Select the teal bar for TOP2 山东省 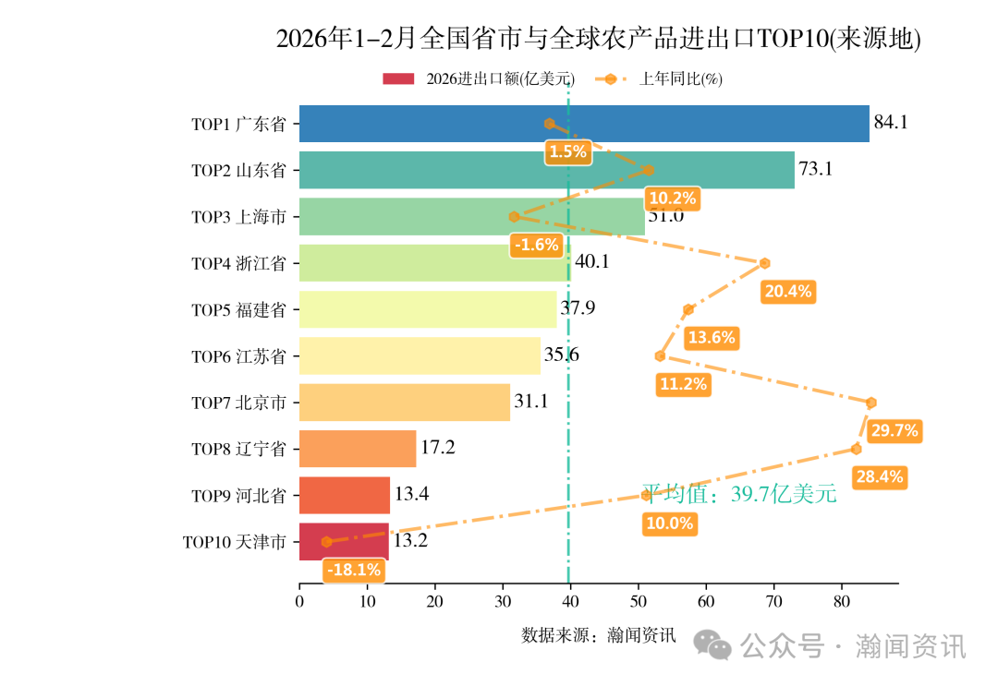(546, 170)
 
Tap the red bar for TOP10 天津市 (344, 542)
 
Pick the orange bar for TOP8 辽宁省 (358, 449)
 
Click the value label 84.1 (891, 123)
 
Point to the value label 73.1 (816, 169)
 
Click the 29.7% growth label (894, 430)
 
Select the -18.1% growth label (354, 570)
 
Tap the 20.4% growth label (788, 292)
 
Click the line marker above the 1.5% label (549, 124)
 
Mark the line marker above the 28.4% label (856, 449)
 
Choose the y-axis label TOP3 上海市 (238, 217)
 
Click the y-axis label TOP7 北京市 (238, 403)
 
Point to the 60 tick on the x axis (706, 602)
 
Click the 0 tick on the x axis (299, 602)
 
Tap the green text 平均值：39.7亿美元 (739, 494)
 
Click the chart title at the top (599, 39)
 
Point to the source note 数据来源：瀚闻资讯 (599, 635)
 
